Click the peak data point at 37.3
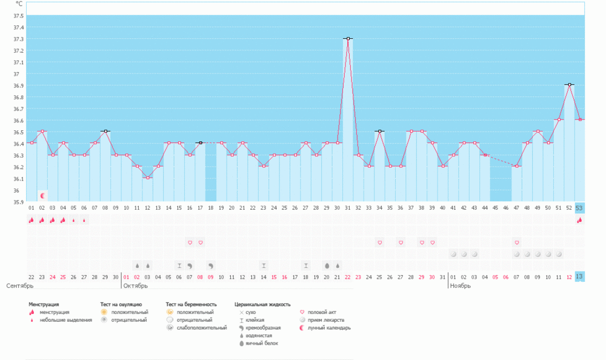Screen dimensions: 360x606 coord(348,39)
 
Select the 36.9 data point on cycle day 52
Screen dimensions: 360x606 coord(569,85)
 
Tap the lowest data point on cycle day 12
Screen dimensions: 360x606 coord(148,178)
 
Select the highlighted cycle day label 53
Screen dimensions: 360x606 coord(579,208)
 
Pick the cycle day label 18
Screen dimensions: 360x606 coord(211,208)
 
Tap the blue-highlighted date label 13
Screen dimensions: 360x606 coord(579,277)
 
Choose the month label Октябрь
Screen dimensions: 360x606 coord(135,285)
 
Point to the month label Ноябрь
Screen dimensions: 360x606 coord(460,285)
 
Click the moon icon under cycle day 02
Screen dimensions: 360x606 coord(42,196)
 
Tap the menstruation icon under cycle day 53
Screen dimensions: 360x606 coord(579,220)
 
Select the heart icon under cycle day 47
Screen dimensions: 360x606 coord(516,242)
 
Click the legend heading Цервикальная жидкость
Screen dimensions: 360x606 coord(262,304)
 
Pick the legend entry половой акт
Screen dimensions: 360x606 coord(321,312)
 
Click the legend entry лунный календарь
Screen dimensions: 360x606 coord(328,328)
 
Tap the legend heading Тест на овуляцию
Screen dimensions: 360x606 coord(121,304)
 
